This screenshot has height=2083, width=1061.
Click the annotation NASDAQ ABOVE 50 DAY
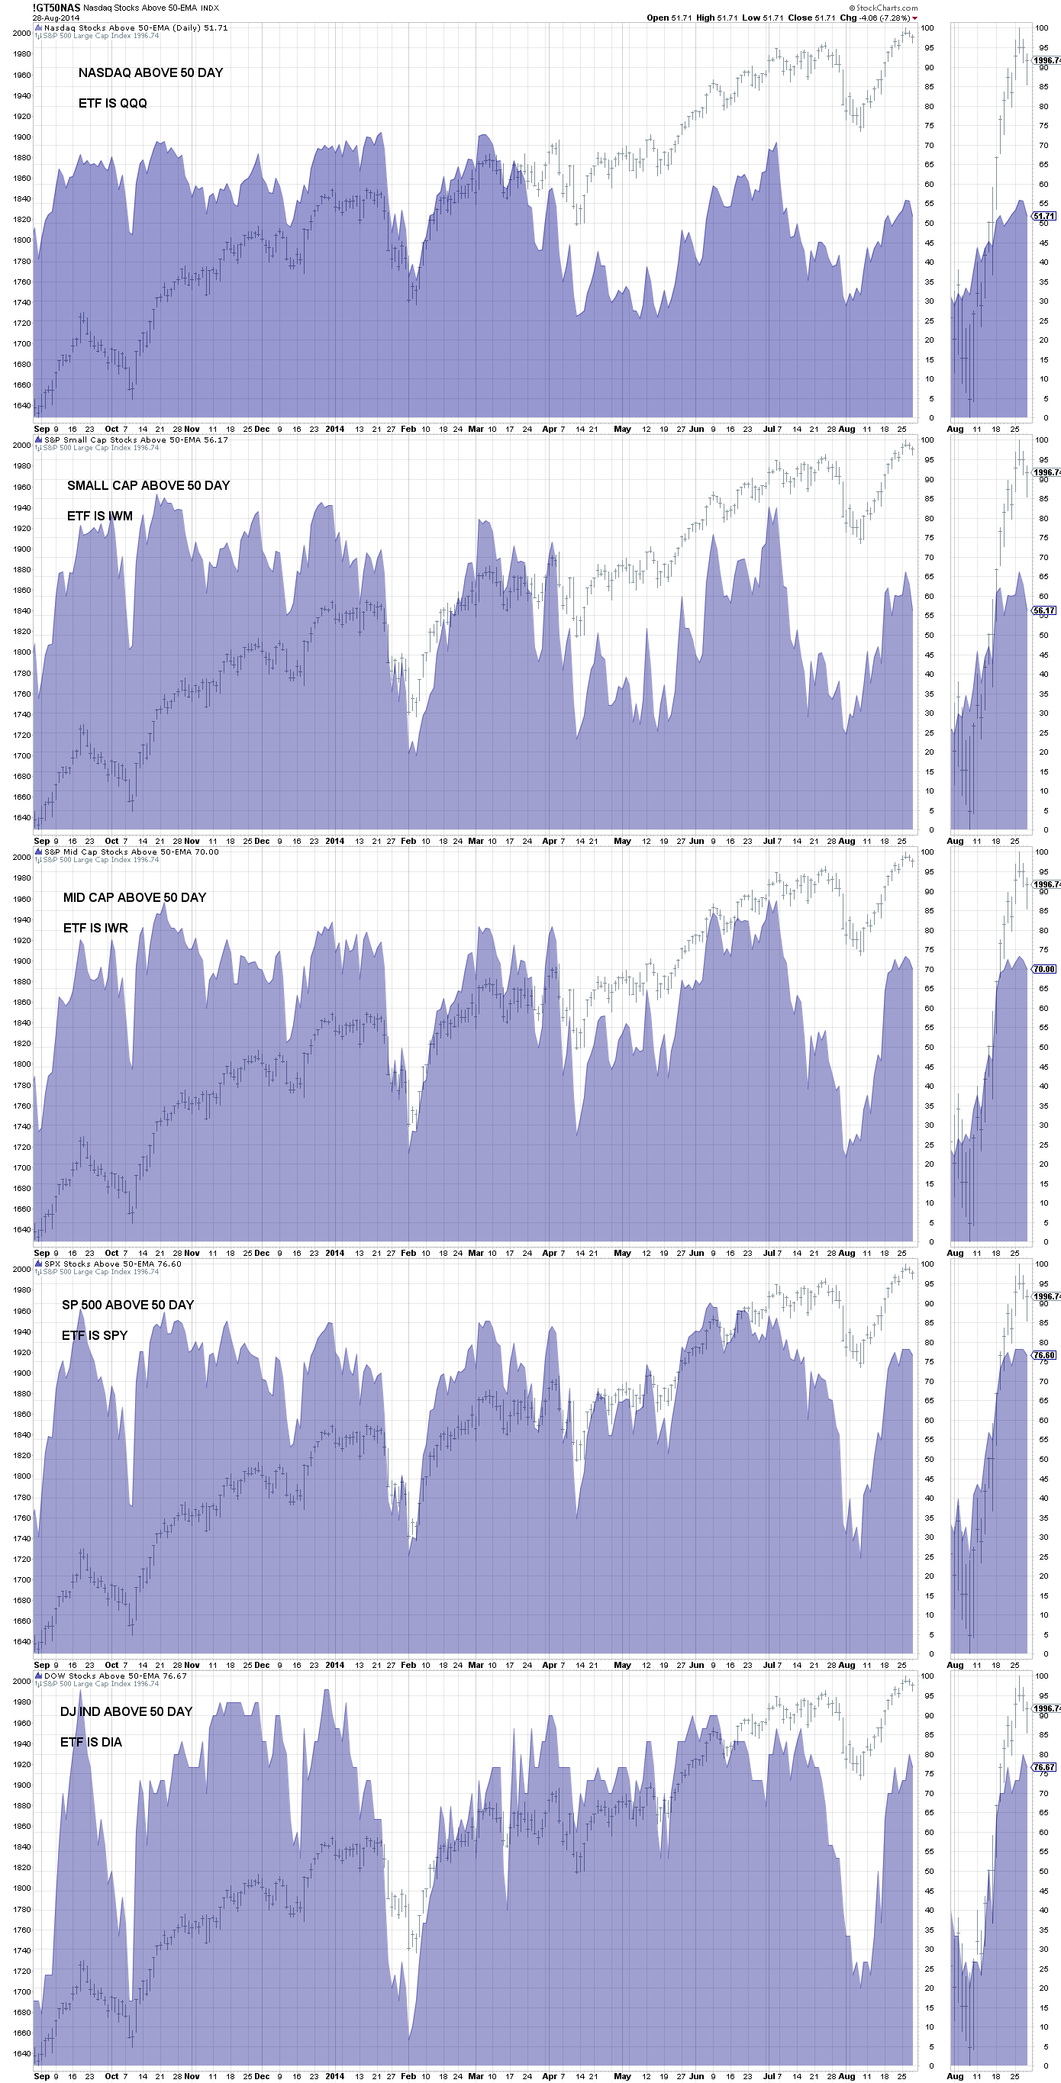(150, 72)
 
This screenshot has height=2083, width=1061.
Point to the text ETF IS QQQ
(112, 104)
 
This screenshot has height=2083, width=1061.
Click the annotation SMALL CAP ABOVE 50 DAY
(148, 485)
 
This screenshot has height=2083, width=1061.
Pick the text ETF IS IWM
(99, 516)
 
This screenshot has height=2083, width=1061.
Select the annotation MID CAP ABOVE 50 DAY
(134, 897)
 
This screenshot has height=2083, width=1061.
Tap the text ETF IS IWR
(95, 929)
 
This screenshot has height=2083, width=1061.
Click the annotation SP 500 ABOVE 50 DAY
(127, 1305)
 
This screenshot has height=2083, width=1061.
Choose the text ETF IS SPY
(95, 1336)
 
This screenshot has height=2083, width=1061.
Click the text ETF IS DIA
(91, 1743)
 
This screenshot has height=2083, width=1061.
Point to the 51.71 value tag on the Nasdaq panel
(1044, 216)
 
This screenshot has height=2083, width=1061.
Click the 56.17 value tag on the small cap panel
(1044, 610)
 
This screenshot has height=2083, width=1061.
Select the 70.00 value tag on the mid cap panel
(1044, 969)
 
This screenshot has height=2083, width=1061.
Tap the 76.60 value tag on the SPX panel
(1044, 1354)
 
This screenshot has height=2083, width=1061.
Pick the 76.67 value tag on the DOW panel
(1044, 1767)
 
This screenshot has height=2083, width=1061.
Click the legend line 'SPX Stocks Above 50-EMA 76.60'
(112, 1264)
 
